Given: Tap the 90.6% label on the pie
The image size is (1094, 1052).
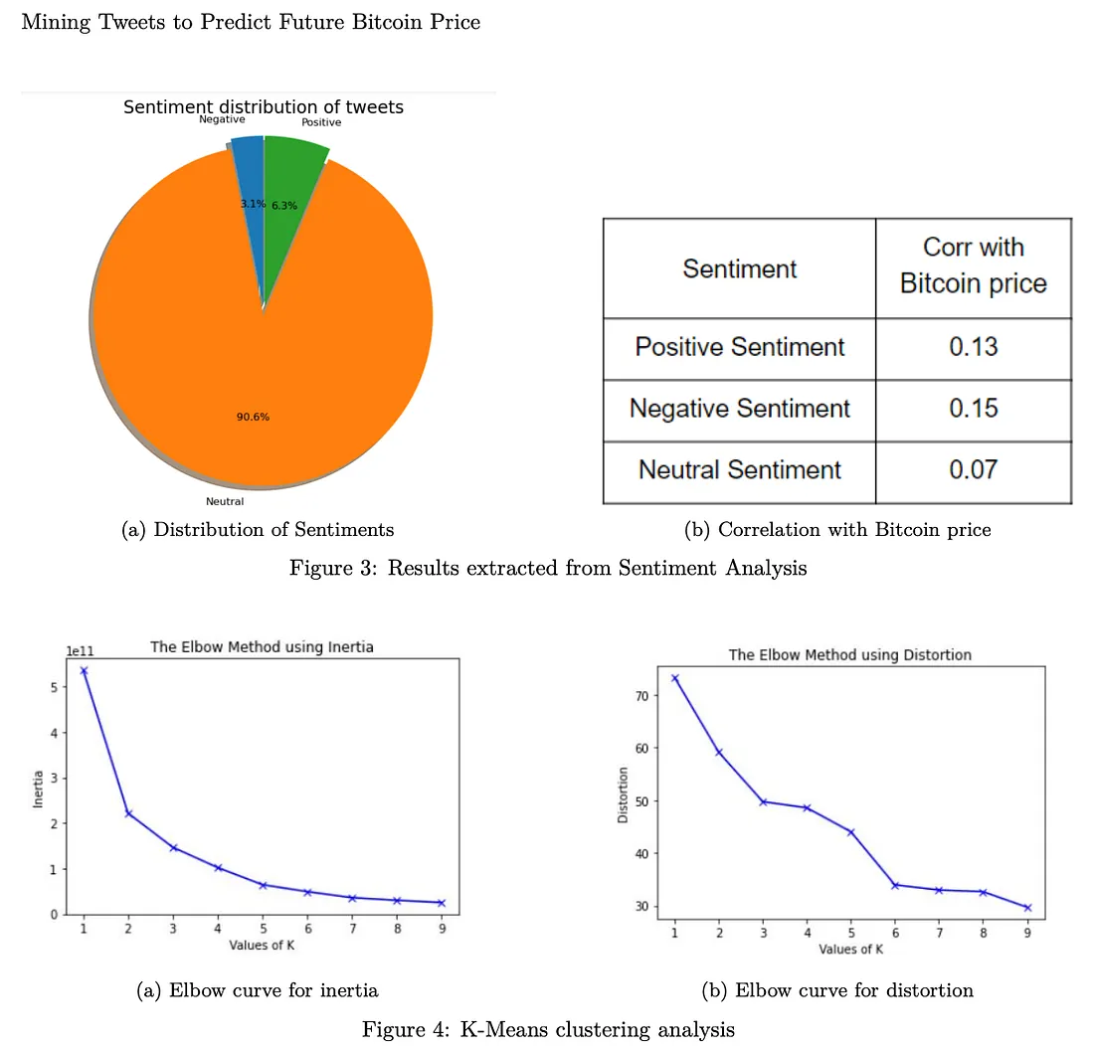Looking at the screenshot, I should click(253, 417).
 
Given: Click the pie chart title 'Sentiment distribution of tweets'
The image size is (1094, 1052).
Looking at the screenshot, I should click(264, 106).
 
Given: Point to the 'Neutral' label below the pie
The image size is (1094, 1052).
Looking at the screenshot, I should click(225, 501).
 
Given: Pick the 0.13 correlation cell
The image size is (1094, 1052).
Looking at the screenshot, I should click(973, 348).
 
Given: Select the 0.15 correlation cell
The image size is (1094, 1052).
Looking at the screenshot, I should click(973, 409).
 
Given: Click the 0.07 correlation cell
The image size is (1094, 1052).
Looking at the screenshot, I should click(973, 470).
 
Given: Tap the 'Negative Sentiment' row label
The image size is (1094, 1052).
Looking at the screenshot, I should click(740, 409).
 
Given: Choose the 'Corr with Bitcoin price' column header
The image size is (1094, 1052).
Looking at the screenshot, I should click(973, 265).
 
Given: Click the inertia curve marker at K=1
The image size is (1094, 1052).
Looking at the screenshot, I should click(84, 670).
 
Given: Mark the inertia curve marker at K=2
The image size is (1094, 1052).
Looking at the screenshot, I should click(128, 813).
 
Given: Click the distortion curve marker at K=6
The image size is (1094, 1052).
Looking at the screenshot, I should click(894, 885).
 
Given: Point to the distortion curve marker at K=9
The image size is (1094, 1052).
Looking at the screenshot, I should click(1027, 907).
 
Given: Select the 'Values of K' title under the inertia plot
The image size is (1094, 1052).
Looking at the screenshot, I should click(263, 945).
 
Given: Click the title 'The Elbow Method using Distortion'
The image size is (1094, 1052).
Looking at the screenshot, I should click(849, 655).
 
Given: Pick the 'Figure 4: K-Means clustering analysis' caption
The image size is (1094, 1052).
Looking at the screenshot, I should click(548, 1030).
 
